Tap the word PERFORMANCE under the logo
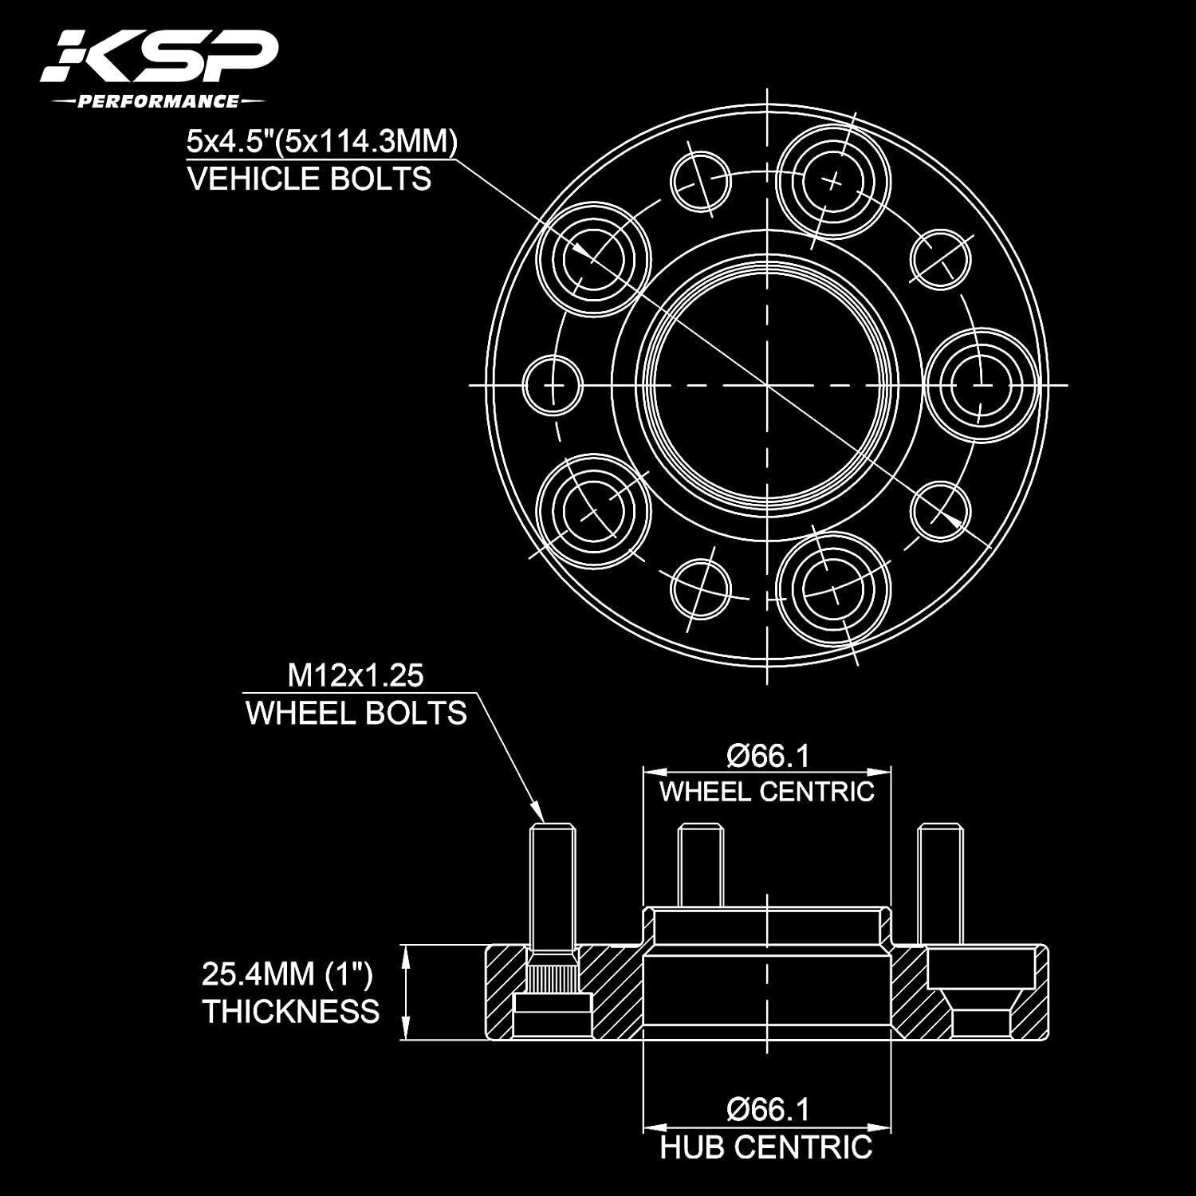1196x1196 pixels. pyautogui.click(x=157, y=101)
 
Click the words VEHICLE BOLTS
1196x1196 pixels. pyautogui.click(x=309, y=178)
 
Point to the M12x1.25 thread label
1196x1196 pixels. pyautogui.click(x=356, y=676)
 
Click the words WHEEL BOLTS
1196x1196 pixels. pyautogui.click(x=356, y=713)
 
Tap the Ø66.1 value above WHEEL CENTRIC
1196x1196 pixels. pyautogui.click(x=767, y=756)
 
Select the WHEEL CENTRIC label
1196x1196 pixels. pyautogui.click(x=767, y=792)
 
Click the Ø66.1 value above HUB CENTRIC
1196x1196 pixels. pyautogui.click(x=767, y=1109)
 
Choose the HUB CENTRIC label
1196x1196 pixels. pyautogui.click(x=767, y=1147)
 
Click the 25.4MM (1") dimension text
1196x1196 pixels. pyautogui.click(x=287, y=974)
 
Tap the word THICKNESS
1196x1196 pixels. pyautogui.click(x=291, y=1011)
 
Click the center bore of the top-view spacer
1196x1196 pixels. pyautogui.click(x=767, y=384)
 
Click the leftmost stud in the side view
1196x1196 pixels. pyautogui.click(x=552, y=885)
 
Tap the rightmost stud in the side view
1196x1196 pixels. pyautogui.click(x=941, y=885)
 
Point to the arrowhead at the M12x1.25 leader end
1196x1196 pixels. pyautogui.click(x=541, y=816)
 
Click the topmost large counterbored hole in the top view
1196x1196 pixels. pyautogui.click(x=833, y=182)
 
